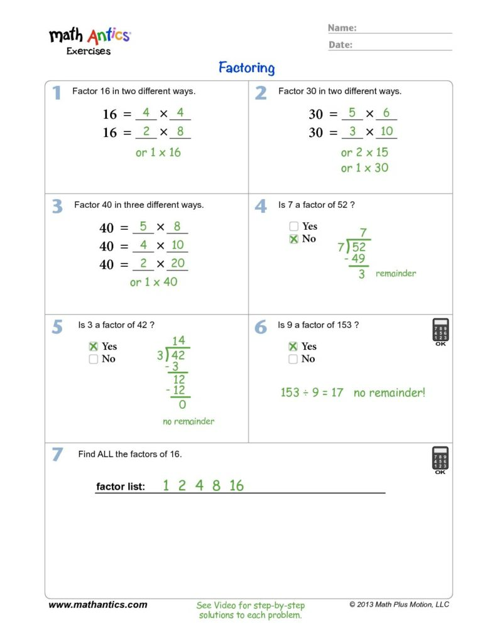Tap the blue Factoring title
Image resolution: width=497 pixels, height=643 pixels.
246,68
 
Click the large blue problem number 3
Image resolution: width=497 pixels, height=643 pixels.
57,207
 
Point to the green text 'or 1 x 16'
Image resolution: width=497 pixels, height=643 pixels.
158,153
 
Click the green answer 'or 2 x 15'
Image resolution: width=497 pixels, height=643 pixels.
364,153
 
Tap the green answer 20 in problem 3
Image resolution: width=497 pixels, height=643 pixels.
178,263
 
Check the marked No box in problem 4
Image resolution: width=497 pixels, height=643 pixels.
293,239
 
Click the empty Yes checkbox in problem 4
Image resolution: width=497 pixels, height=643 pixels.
293,226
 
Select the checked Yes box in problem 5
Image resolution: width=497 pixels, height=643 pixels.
94,346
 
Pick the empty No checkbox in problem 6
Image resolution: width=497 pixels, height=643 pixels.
293,359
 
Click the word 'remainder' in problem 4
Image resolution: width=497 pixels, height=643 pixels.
396,274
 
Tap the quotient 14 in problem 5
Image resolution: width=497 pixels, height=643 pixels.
178,341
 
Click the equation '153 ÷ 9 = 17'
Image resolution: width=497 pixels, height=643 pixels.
312,393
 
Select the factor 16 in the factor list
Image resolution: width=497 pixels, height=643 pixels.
236,485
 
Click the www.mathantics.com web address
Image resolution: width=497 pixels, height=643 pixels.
98,605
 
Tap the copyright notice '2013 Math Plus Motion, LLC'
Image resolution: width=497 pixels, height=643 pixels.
400,605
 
